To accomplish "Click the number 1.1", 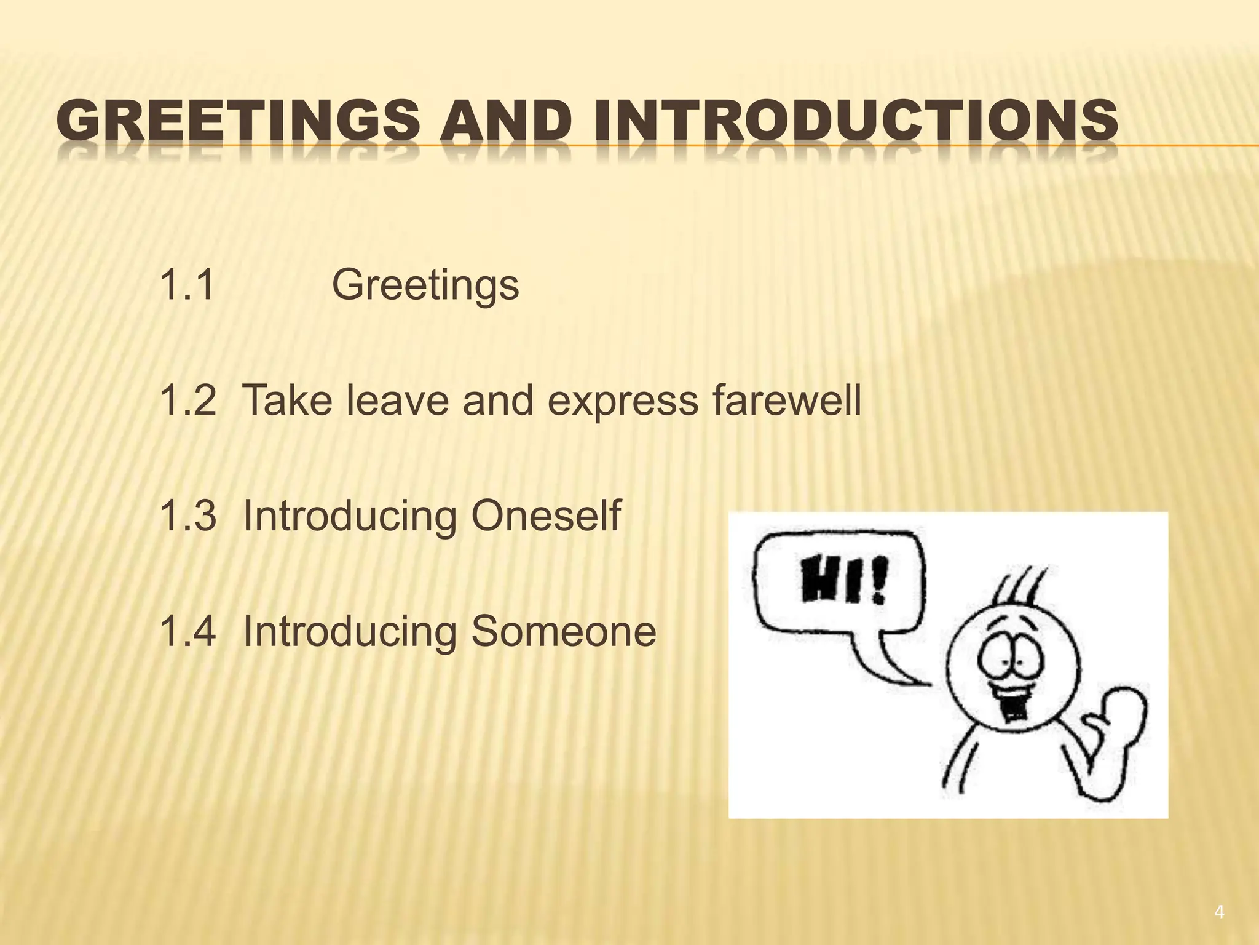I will pos(187,285).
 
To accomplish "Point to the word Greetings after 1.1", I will pos(425,286).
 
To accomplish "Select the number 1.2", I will pos(187,400).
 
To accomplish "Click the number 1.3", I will pos(187,516).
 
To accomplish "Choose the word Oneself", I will pos(546,516).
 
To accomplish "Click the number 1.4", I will pos(187,631).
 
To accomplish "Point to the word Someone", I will pos(564,631).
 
